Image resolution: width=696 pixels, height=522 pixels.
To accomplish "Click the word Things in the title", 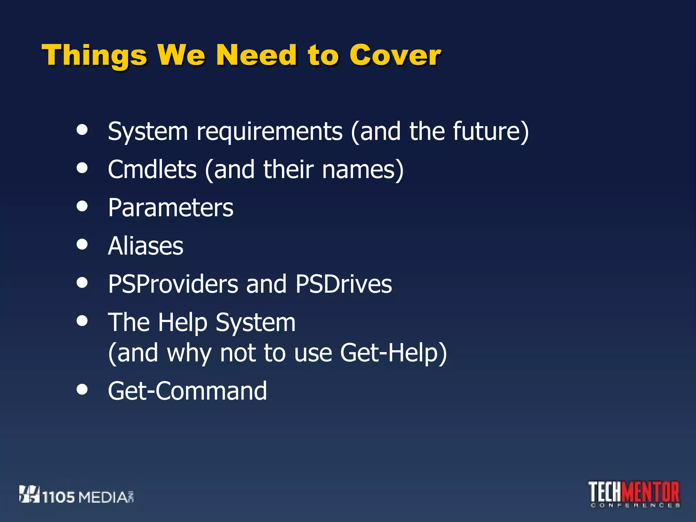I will click(94, 55).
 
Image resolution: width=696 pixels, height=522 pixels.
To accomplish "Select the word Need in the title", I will click(257, 55).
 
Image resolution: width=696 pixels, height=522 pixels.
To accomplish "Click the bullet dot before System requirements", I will click(82, 129).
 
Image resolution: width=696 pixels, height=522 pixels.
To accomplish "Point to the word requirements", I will click(269, 132).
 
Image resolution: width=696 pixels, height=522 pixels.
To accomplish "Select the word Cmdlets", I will click(152, 169).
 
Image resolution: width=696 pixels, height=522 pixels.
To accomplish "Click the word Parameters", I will click(171, 208).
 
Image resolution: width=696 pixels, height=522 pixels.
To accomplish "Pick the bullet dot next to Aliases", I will click(82, 244).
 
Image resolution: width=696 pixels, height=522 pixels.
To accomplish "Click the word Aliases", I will click(145, 246).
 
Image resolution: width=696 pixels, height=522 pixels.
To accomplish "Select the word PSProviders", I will click(173, 284).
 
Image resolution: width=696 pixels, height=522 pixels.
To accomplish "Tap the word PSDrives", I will click(343, 284).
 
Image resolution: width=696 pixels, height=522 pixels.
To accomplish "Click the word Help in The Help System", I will click(182, 322).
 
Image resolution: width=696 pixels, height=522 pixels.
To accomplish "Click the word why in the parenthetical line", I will click(189, 353).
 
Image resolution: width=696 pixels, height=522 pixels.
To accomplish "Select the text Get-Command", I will click(187, 391).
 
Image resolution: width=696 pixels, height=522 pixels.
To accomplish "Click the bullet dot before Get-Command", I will click(82, 389).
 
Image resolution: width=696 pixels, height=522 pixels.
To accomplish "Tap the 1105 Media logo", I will click(76, 495).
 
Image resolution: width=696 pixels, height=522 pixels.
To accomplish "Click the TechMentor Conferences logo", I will click(634, 494).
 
